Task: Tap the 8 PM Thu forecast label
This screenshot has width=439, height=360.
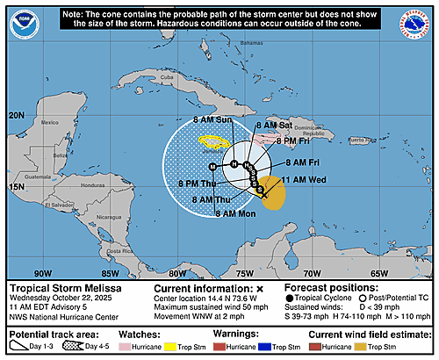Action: click(x=198, y=184)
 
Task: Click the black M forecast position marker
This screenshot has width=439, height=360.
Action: click(x=212, y=165)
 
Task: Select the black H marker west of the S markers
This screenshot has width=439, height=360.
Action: click(x=234, y=164)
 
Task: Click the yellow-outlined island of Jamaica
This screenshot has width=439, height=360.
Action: click(x=214, y=141)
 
